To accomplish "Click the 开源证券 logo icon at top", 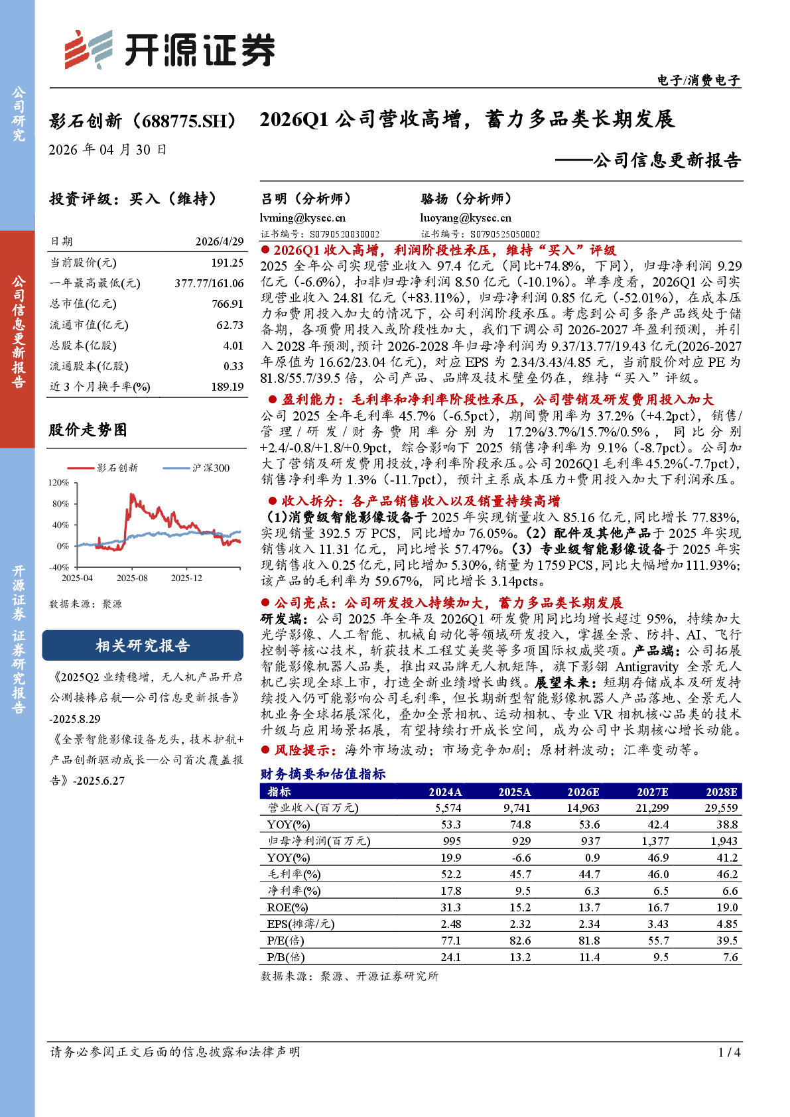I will [88, 49].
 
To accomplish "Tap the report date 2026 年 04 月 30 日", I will [107, 150].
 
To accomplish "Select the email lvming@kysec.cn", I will [303, 218].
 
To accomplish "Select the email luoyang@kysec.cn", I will [466, 218].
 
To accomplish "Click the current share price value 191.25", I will [228, 263].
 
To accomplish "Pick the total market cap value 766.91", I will [228, 304].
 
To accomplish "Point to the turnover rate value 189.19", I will [228, 387].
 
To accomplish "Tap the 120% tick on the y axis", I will [59, 482].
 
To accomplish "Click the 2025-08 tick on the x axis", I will [132, 578].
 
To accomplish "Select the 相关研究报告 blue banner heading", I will [143, 645].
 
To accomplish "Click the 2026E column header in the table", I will [583, 791].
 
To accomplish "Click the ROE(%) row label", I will [287, 907].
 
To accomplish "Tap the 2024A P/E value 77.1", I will [450, 941].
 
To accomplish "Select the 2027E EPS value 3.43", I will [658, 924].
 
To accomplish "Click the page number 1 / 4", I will [729, 1052].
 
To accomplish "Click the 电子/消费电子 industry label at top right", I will [698, 80].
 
